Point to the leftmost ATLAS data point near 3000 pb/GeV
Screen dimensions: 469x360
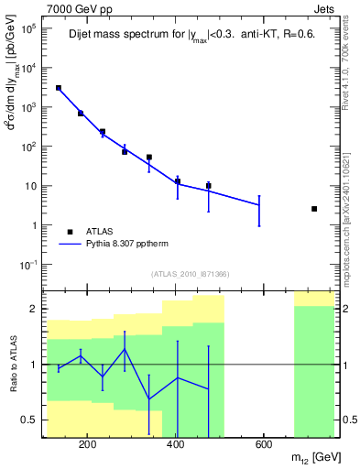coord(59,88)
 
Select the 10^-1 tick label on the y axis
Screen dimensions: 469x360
coord(27,265)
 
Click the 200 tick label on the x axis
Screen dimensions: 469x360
coord(88,446)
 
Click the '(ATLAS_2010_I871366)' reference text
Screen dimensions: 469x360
coord(190,274)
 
